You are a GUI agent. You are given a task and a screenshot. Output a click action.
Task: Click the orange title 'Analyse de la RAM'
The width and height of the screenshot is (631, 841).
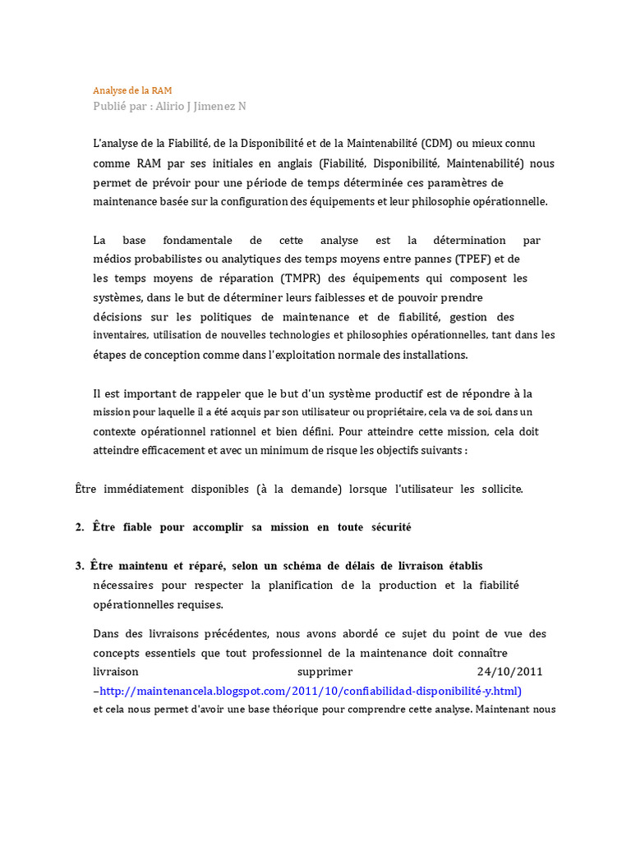(132, 90)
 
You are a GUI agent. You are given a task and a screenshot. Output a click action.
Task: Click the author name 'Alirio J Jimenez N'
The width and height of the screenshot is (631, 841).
(201, 106)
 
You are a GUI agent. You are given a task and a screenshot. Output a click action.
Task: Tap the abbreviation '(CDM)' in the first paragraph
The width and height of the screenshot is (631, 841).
(440, 144)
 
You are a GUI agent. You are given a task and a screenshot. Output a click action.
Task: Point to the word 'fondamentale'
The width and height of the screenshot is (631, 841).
(197, 240)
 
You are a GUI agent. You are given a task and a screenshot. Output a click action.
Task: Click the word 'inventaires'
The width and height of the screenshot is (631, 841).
(119, 335)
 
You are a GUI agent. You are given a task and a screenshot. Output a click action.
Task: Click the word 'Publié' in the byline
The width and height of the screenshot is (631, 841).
(109, 106)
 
